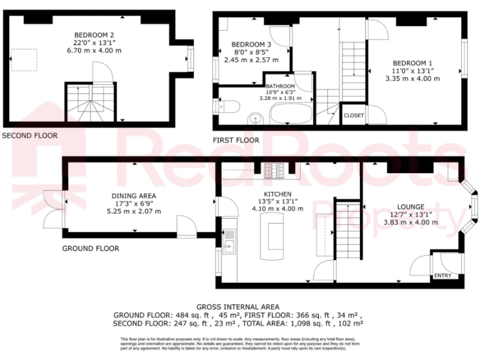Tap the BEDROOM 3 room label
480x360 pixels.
click(x=251, y=45)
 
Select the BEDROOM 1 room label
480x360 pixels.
click(x=412, y=63)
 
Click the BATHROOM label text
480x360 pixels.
click(x=280, y=86)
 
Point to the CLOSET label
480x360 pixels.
click(x=353, y=116)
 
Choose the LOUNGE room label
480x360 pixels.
click(x=411, y=206)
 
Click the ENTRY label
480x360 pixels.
click(x=442, y=276)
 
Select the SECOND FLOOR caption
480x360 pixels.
click(x=29, y=136)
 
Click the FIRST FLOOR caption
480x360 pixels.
click(x=236, y=141)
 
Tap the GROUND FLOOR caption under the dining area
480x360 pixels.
click(x=90, y=249)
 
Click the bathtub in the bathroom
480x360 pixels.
click(x=291, y=114)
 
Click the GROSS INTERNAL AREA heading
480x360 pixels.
click(x=237, y=306)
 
